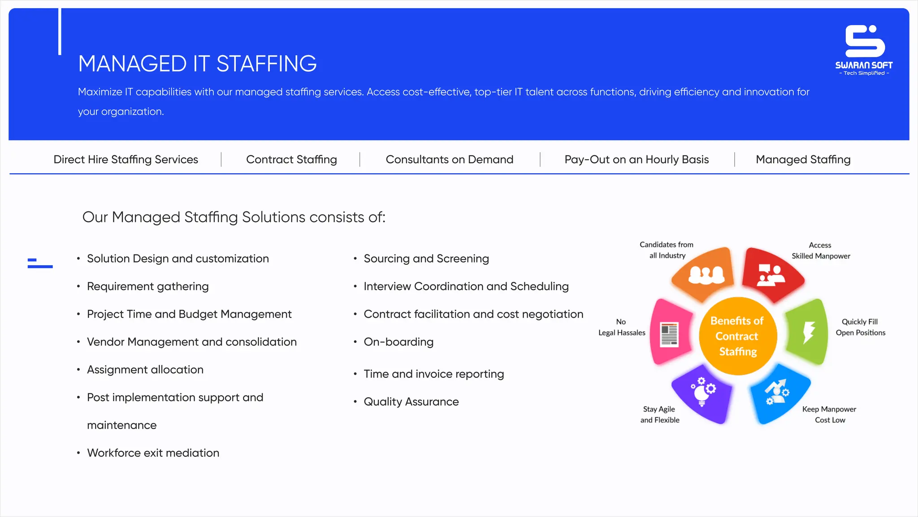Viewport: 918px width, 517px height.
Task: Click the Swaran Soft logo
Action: pyautogui.click(x=864, y=49)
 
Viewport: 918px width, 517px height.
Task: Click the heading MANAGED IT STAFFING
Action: pyautogui.click(x=197, y=64)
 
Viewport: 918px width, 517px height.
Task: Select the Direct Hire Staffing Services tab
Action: pyautogui.click(x=126, y=159)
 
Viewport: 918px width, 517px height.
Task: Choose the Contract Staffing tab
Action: pyautogui.click(x=291, y=159)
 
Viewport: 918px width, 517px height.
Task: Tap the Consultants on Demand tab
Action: pyautogui.click(x=449, y=159)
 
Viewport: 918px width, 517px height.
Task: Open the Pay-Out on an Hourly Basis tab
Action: pyautogui.click(x=637, y=159)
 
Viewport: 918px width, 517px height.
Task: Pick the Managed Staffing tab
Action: pyautogui.click(x=803, y=159)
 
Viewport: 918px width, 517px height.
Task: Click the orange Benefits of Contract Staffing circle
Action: pyautogui.click(x=737, y=336)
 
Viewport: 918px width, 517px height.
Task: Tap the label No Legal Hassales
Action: pyautogui.click(x=622, y=327)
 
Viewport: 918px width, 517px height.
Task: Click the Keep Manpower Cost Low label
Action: pyautogui.click(x=829, y=415)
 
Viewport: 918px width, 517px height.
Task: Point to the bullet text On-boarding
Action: pyautogui.click(x=398, y=342)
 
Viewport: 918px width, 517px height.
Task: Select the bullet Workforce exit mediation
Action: pyautogui.click(x=153, y=453)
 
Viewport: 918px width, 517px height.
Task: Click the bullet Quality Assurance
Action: pyautogui.click(x=411, y=402)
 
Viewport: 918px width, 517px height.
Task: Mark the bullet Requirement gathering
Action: pyautogui.click(x=147, y=286)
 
